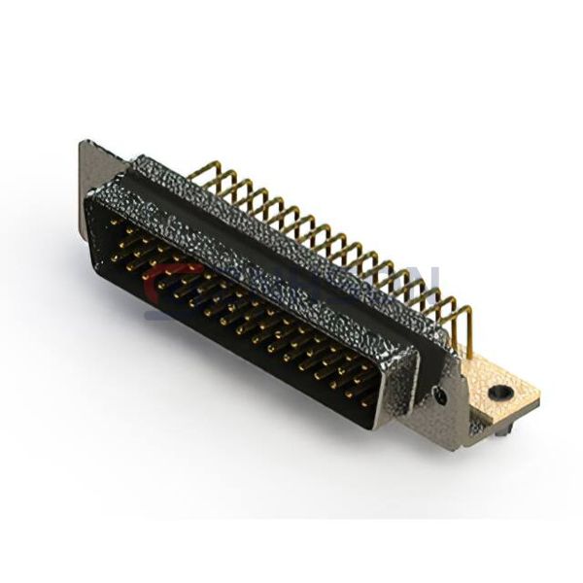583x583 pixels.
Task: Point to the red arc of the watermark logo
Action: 155,282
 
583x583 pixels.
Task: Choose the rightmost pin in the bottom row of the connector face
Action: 367,400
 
